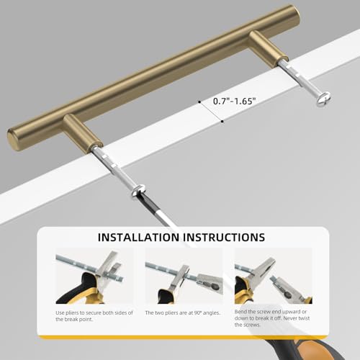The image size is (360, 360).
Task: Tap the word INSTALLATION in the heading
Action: (x=138, y=237)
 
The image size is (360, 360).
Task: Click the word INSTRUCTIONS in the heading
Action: (x=224, y=237)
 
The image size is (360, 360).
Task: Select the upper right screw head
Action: (x=323, y=99)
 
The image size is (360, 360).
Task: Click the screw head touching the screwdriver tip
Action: (x=138, y=189)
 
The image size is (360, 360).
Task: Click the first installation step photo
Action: (x=94, y=276)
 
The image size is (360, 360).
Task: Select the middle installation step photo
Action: (x=184, y=276)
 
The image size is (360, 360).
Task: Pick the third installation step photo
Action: (x=274, y=276)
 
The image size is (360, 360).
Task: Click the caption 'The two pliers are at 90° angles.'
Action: (x=183, y=313)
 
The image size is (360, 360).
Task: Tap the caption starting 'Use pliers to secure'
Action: (x=94, y=316)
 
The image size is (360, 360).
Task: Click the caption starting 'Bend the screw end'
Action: (x=272, y=318)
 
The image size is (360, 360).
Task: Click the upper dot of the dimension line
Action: (x=199, y=102)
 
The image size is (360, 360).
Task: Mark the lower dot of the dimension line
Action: (x=222, y=122)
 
